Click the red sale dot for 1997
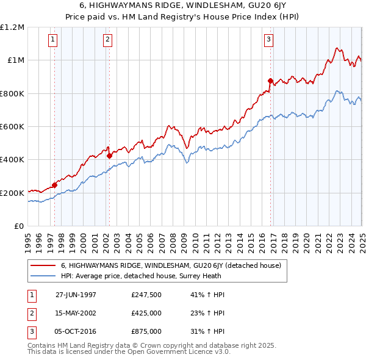click(54, 185)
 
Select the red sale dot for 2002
click(109, 156)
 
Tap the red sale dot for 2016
click(270, 81)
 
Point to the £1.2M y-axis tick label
click(12, 27)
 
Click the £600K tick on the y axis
click(12, 127)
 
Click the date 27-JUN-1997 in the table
click(76, 295)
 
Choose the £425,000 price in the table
click(146, 313)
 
